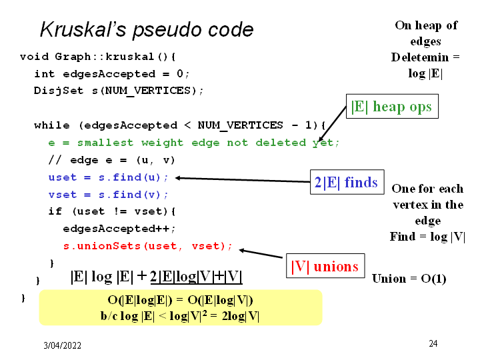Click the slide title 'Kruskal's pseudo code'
click(x=147, y=30)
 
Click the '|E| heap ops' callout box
click(x=393, y=107)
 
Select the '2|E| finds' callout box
click(x=346, y=182)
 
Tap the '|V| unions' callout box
click(x=325, y=267)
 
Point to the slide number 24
click(x=433, y=343)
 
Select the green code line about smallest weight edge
click(x=194, y=143)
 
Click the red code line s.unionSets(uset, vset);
click(x=148, y=246)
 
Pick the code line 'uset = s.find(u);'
click(x=109, y=177)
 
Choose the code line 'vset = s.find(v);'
click(x=109, y=195)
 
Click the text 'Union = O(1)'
click(x=409, y=279)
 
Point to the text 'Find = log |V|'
click(x=427, y=237)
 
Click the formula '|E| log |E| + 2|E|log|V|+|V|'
click(x=156, y=277)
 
